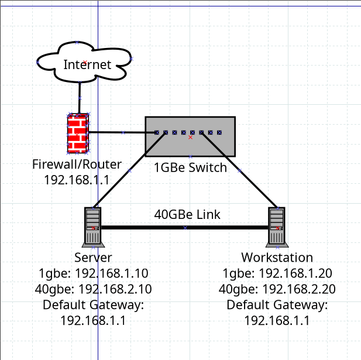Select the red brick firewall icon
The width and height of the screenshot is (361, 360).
click(x=78, y=133)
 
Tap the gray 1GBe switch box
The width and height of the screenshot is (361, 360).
click(x=190, y=146)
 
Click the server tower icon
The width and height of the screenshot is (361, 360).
click(x=93, y=227)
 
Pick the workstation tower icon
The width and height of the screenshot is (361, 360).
click(x=276, y=227)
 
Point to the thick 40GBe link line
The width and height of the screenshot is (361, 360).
click(x=185, y=227)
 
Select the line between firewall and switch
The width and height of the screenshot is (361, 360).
click(x=123, y=132)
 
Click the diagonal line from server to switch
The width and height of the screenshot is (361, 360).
click(x=129, y=170)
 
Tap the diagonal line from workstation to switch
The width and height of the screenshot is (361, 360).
click(x=239, y=170)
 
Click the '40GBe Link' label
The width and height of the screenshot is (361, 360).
click(x=187, y=214)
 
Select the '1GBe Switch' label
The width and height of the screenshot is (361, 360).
click(x=190, y=168)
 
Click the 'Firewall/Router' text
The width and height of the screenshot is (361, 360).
click(x=77, y=164)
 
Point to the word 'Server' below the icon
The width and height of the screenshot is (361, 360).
click(x=93, y=258)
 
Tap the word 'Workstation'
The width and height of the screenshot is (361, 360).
click(x=277, y=258)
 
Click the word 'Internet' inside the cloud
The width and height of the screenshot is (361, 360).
click(x=87, y=65)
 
